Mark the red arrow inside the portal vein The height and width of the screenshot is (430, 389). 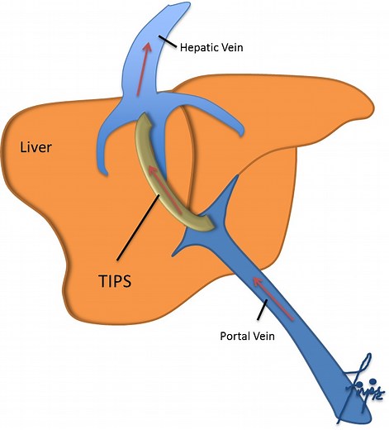[x=275, y=299]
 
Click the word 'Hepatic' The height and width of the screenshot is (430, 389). [x=200, y=48]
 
